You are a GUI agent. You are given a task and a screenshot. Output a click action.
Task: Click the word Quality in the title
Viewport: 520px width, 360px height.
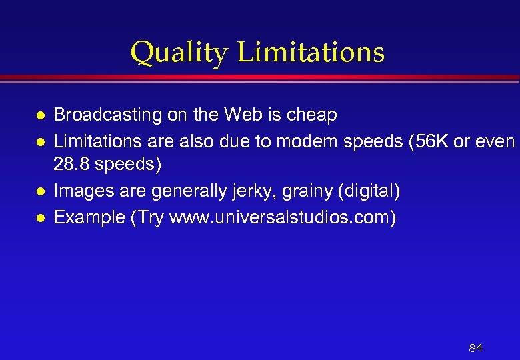coord(179,53)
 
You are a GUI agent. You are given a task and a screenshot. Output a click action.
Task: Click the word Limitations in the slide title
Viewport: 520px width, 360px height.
coord(311,52)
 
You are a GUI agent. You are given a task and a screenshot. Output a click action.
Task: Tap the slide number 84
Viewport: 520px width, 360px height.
coord(476,348)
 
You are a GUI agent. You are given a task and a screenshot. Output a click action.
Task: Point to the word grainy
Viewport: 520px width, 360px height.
coord(307,192)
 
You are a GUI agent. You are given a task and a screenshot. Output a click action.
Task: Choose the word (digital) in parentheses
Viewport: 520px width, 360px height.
coord(369,192)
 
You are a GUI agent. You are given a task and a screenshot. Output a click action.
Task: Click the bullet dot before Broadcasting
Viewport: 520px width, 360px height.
coord(41,116)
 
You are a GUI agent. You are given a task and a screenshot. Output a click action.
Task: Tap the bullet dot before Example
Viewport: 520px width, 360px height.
coord(41,218)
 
